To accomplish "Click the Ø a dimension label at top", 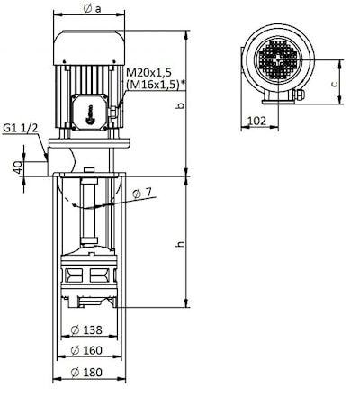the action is click(x=93, y=9).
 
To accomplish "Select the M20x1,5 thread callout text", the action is click(x=148, y=72).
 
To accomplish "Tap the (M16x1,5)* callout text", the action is click(x=155, y=85).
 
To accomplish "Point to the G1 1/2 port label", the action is click(x=21, y=128).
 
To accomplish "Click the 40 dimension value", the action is click(x=18, y=167).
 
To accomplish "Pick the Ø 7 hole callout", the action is click(x=142, y=194).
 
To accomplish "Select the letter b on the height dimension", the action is click(x=180, y=105).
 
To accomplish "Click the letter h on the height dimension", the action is click(x=180, y=244).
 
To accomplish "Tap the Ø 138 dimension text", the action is click(x=86, y=330).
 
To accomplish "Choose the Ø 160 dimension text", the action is click(x=86, y=350).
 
